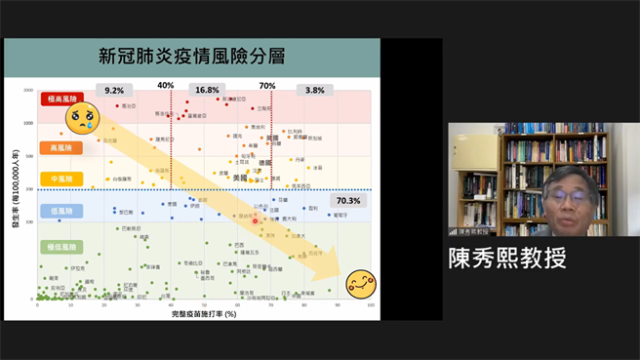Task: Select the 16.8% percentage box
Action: [x=207, y=90]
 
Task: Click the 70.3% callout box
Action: [x=348, y=201]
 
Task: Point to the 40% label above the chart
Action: [x=166, y=85]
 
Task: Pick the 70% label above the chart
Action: [x=266, y=85]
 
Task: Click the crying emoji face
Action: [x=82, y=119]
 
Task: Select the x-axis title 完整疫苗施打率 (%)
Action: [x=204, y=313]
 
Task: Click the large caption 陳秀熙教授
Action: [x=507, y=258]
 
